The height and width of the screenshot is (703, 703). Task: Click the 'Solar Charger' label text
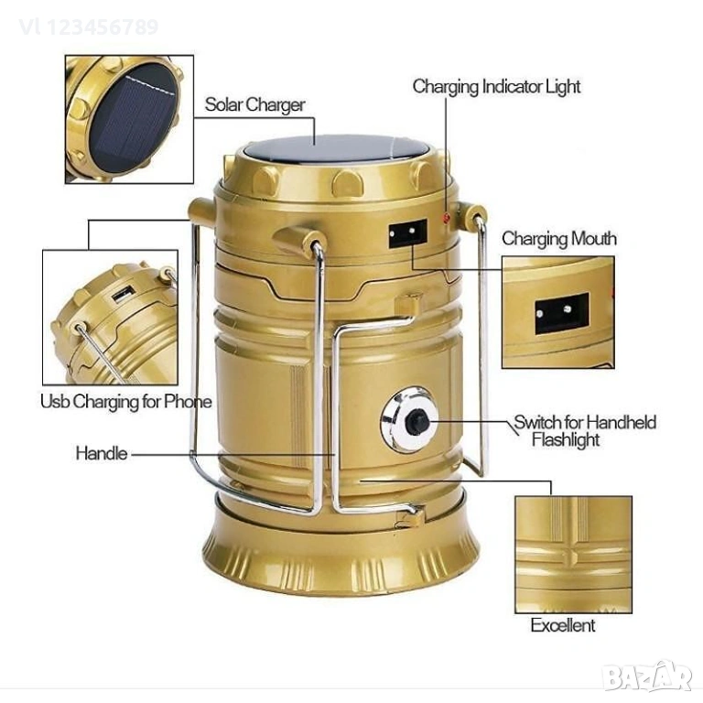point(254,105)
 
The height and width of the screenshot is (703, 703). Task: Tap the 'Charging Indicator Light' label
point(496,87)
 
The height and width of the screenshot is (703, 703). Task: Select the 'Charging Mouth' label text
point(559,239)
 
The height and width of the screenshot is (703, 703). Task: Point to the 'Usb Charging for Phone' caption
point(126,402)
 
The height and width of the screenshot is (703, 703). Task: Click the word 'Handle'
point(102,453)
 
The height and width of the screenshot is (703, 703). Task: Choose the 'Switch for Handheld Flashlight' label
point(585,431)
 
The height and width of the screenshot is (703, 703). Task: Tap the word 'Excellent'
point(563,625)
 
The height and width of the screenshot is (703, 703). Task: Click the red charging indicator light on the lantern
point(446,218)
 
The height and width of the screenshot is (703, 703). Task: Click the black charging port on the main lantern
point(407,233)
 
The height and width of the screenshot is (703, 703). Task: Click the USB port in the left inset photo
point(123,294)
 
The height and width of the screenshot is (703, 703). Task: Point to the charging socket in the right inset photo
point(562,313)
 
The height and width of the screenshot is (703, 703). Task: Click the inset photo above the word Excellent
point(573,555)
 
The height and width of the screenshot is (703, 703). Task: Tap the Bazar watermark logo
point(647,676)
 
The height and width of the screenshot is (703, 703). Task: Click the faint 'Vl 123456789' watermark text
point(89,27)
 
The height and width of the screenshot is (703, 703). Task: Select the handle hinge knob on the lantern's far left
point(201,211)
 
